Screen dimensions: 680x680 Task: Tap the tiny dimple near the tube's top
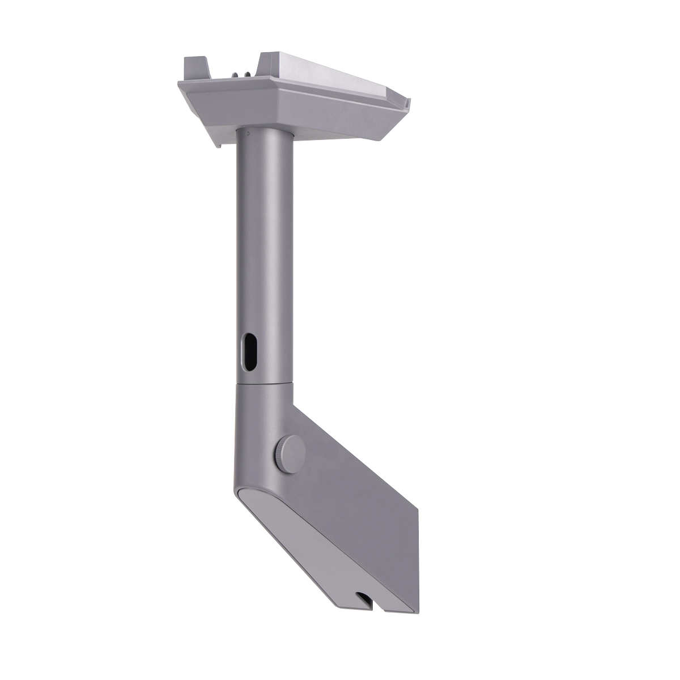click(x=248, y=135)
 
